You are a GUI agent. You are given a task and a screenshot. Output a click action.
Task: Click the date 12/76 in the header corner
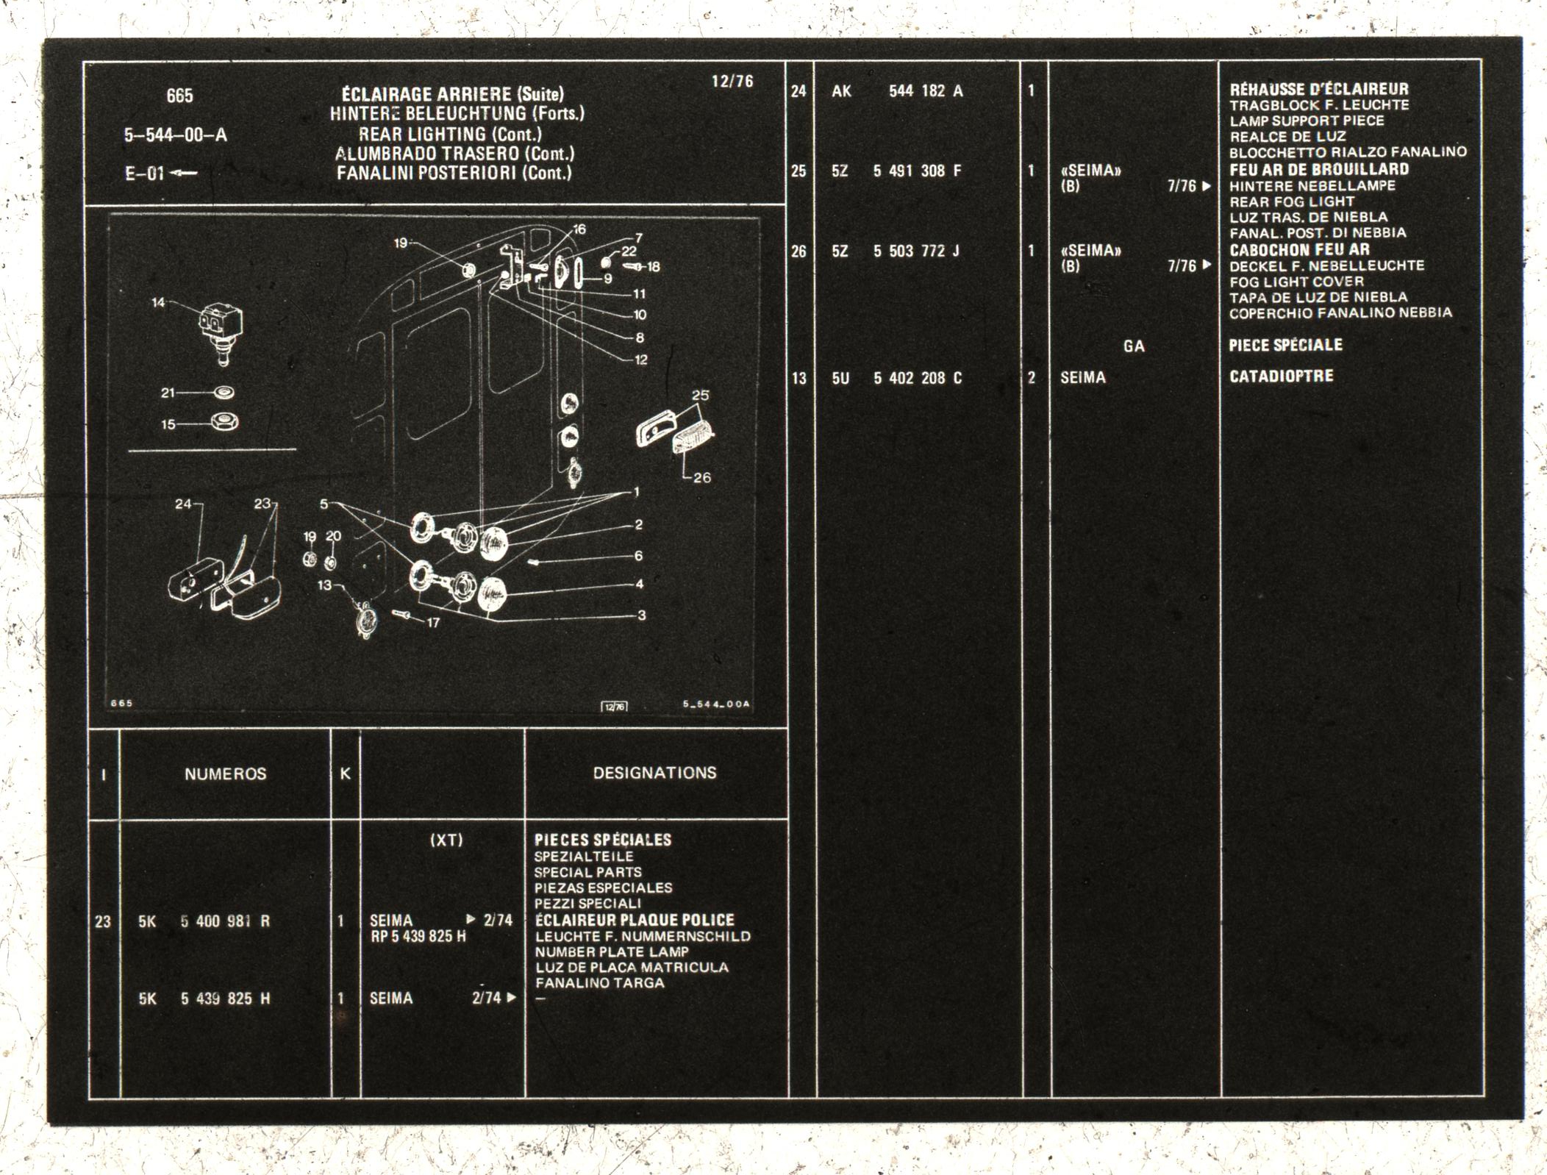[x=732, y=81]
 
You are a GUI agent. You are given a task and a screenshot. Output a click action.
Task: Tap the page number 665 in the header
[x=179, y=96]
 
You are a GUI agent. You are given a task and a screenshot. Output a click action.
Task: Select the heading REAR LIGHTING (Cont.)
[x=450, y=134]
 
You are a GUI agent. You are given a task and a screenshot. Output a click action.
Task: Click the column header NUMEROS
[x=225, y=774]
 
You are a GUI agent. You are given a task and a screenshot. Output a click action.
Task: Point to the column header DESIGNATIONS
[x=654, y=773]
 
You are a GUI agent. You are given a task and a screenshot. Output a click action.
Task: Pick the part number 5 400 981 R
[x=225, y=921]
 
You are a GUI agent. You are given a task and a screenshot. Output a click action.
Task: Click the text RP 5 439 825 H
[x=418, y=937]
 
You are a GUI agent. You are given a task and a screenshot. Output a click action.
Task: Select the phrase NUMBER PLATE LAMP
[x=612, y=951]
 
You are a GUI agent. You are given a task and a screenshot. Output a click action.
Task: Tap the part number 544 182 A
[x=926, y=91]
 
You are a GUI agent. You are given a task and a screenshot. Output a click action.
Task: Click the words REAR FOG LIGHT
[x=1292, y=201]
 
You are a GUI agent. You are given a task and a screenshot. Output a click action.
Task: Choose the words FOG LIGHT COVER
[x=1296, y=282]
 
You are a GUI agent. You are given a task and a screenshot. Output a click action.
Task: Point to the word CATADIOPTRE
[x=1281, y=376]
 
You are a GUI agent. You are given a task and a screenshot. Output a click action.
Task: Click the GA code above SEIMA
[x=1134, y=346]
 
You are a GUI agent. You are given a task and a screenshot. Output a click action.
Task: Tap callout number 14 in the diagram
[x=158, y=302]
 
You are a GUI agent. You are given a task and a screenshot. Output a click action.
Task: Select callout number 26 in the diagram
[x=702, y=477]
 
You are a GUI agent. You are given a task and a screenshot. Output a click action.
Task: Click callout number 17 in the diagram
[x=433, y=623]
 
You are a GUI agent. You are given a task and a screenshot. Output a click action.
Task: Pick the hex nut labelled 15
[x=224, y=422]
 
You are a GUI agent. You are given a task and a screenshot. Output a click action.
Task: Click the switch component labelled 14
[x=221, y=332]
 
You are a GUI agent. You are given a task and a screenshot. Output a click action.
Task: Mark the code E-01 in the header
[x=144, y=174]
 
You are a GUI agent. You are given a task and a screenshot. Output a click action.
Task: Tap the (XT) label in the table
[x=446, y=840]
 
